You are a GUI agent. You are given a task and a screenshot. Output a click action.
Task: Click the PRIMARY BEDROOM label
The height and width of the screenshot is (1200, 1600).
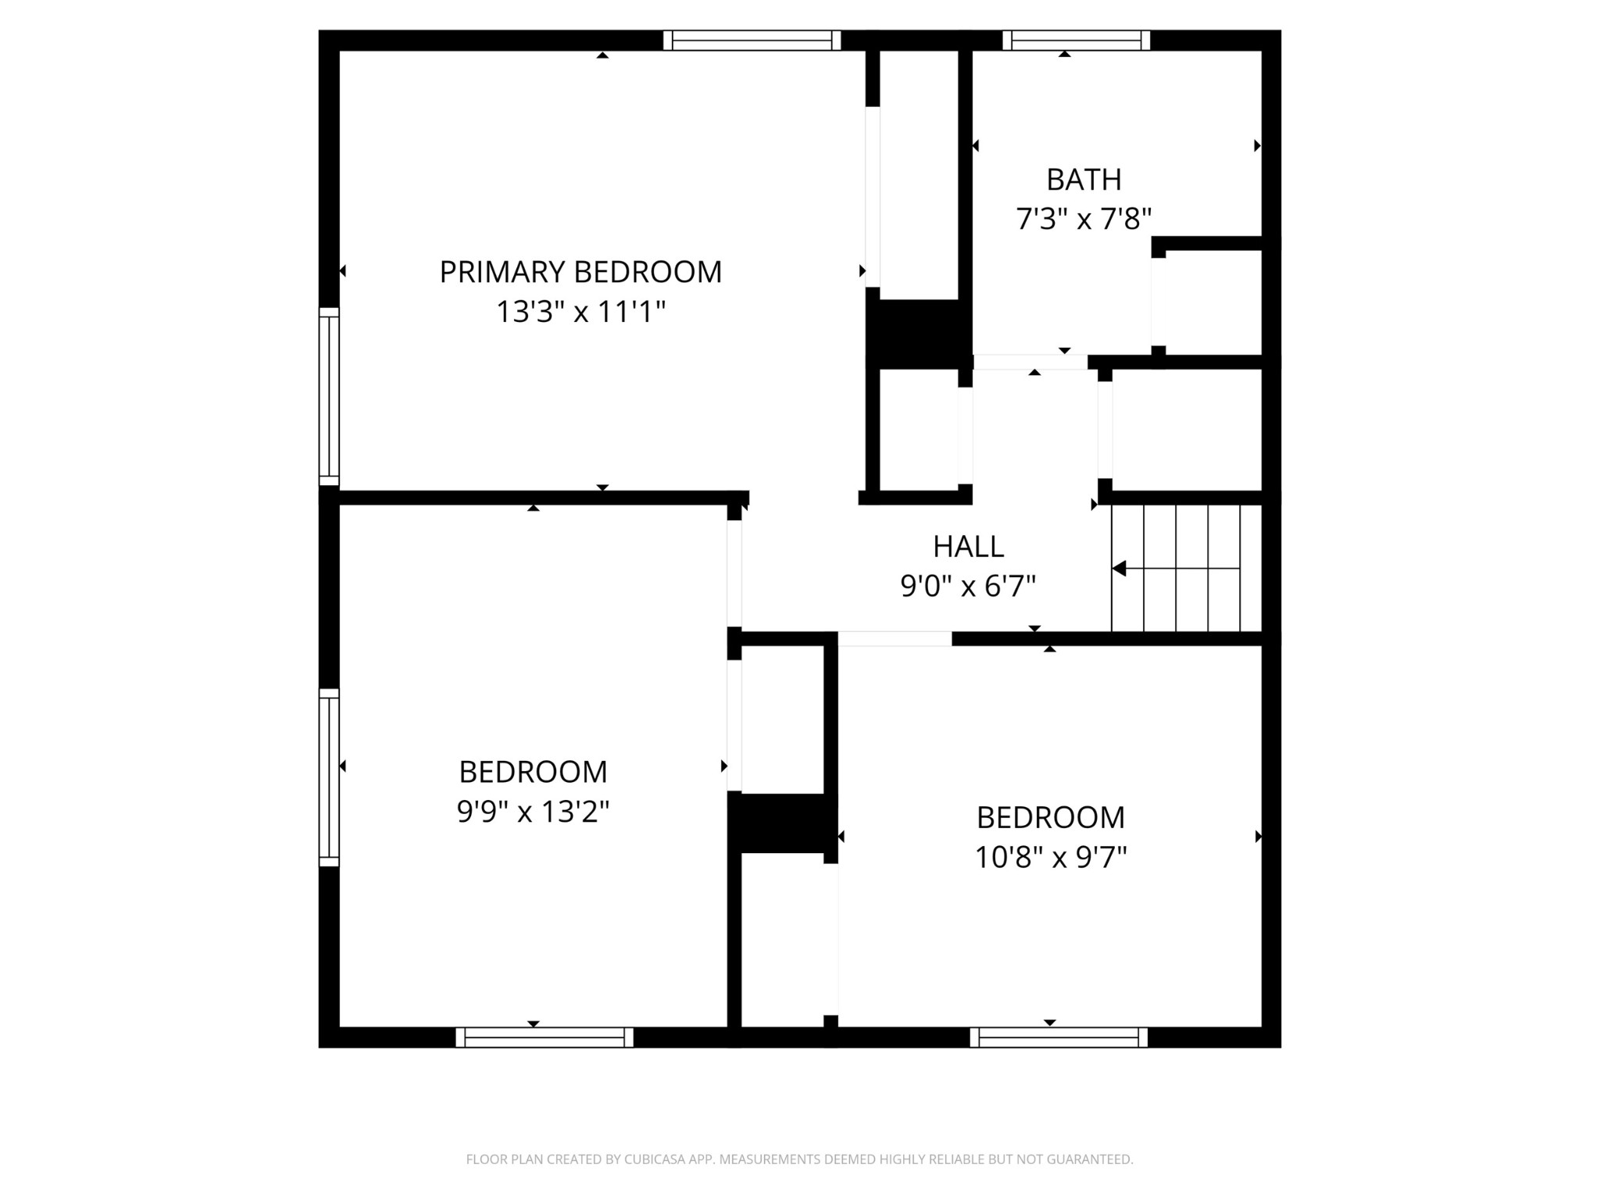(580, 272)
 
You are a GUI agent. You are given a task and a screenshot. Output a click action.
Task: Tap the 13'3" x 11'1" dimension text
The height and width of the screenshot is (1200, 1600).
(580, 312)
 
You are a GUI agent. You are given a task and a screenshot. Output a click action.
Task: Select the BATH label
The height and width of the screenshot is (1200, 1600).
(1084, 180)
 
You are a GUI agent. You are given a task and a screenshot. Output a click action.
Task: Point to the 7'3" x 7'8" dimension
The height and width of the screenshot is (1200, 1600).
(1084, 219)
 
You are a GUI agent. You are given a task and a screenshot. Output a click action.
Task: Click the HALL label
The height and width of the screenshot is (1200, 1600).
(968, 547)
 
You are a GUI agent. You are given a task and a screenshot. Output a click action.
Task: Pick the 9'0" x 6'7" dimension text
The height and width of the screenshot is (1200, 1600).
(968, 586)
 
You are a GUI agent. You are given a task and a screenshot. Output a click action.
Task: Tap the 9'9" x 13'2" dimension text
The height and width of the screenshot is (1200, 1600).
(533, 812)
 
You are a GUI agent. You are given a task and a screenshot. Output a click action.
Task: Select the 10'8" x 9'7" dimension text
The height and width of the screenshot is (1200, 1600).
(1050, 857)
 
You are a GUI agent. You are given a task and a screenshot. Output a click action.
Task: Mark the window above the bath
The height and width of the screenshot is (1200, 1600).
(1077, 40)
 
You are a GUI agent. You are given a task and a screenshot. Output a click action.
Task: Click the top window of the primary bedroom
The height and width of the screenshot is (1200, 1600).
(752, 40)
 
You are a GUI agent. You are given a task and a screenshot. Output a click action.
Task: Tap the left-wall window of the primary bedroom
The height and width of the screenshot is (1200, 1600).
(329, 396)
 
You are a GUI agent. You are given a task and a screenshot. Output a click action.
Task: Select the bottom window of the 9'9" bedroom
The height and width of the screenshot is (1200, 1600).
(545, 1037)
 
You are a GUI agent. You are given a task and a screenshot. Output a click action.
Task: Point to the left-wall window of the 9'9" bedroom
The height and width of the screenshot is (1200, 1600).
(329, 777)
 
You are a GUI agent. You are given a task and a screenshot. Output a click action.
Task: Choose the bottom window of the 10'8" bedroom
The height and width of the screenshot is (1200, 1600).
(1059, 1037)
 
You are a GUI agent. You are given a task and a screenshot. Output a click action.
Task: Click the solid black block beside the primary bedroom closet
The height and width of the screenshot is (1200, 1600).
(919, 334)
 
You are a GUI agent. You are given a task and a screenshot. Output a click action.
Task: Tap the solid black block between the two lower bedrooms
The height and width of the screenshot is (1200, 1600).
(782, 823)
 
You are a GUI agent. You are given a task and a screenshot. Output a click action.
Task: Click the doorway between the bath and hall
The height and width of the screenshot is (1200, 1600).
(1030, 362)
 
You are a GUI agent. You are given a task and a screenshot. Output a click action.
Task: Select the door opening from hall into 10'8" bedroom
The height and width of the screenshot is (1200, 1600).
(895, 639)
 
